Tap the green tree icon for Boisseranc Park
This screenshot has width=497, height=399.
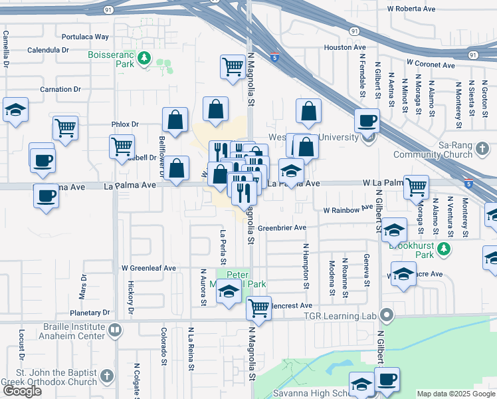(143, 61)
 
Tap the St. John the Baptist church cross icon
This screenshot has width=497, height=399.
(107, 378)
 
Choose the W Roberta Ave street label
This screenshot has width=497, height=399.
(411, 9)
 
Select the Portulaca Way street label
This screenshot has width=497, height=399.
(84, 37)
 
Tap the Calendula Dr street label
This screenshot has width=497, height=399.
(49, 50)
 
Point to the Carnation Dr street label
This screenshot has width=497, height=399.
(60, 89)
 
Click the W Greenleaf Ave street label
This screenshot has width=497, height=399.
(148, 268)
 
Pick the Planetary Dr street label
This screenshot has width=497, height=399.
(94, 312)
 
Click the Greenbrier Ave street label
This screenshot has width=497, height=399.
(282, 227)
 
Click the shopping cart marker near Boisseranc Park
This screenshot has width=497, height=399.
(233, 66)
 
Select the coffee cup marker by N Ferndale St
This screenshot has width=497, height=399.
(366, 121)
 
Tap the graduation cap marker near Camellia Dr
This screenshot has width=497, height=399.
(15, 110)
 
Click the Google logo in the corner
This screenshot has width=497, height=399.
(22, 391)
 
